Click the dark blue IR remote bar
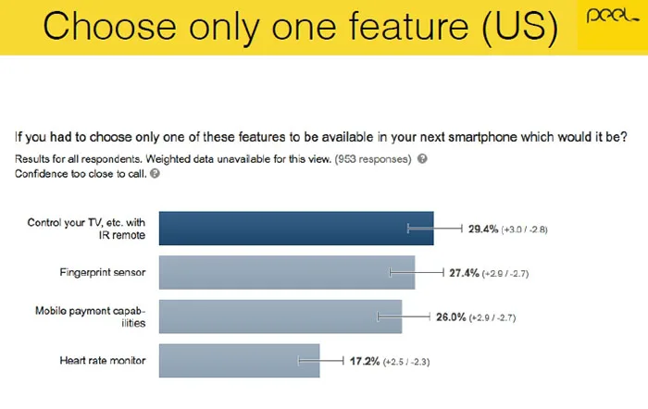click(x=296, y=229)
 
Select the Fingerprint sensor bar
click(x=287, y=272)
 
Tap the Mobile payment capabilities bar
click(x=280, y=316)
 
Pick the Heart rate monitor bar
click(x=239, y=361)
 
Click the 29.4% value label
click(x=483, y=229)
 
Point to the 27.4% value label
click(x=464, y=273)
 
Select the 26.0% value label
click(x=451, y=317)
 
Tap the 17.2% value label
click(x=365, y=362)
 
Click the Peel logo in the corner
click(x=612, y=18)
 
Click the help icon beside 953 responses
click(x=422, y=158)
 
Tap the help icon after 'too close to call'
click(x=155, y=174)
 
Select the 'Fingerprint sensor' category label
click(x=103, y=273)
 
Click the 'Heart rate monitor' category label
click(x=103, y=361)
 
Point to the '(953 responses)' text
click(x=373, y=159)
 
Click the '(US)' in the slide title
click(x=520, y=27)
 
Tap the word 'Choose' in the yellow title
click(x=109, y=26)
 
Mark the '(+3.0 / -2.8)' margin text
click(x=525, y=229)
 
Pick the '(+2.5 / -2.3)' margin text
click(x=406, y=363)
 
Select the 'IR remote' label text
click(x=122, y=235)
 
